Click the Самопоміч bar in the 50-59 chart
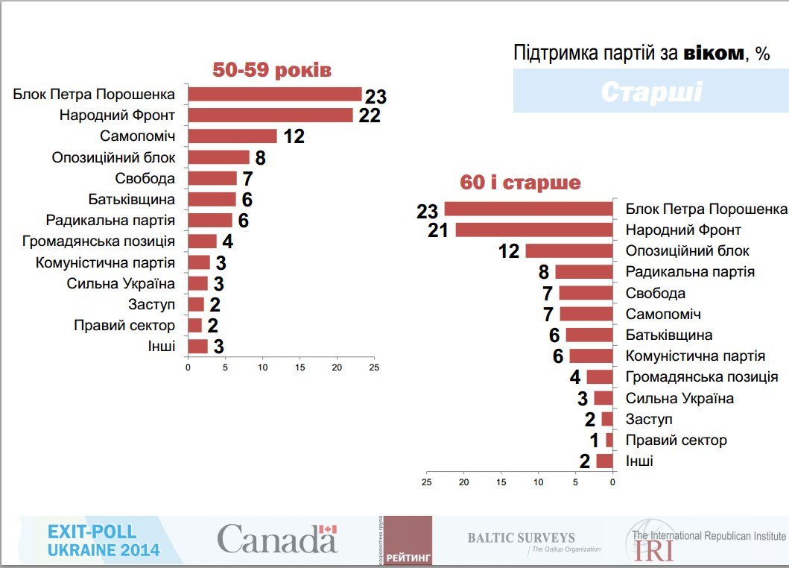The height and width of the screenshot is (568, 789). (x=232, y=136)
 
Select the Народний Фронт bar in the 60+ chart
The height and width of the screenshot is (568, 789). (x=533, y=230)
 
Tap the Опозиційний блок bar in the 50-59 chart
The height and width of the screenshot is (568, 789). (x=218, y=157)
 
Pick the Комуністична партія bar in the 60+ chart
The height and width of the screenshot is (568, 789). (x=590, y=356)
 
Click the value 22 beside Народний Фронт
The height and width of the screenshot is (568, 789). (x=369, y=116)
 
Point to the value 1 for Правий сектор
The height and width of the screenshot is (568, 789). (x=595, y=441)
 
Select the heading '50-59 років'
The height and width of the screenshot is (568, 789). (x=271, y=70)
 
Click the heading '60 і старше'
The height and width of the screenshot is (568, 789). (x=521, y=183)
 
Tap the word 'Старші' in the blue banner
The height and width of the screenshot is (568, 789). (x=650, y=92)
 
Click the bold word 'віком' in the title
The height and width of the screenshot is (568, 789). (x=713, y=53)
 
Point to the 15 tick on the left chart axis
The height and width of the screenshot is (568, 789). (x=300, y=367)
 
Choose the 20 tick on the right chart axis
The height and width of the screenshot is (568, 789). (x=464, y=482)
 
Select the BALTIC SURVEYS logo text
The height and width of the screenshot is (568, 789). (x=521, y=537)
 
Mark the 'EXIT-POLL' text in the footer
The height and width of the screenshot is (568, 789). (x=92, y=531)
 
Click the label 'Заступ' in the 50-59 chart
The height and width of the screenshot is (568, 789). (x=151, y=304)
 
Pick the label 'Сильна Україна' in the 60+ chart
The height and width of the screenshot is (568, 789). (x=679, y=398)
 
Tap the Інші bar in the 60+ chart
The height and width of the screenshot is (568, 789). (x=604, y=461)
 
